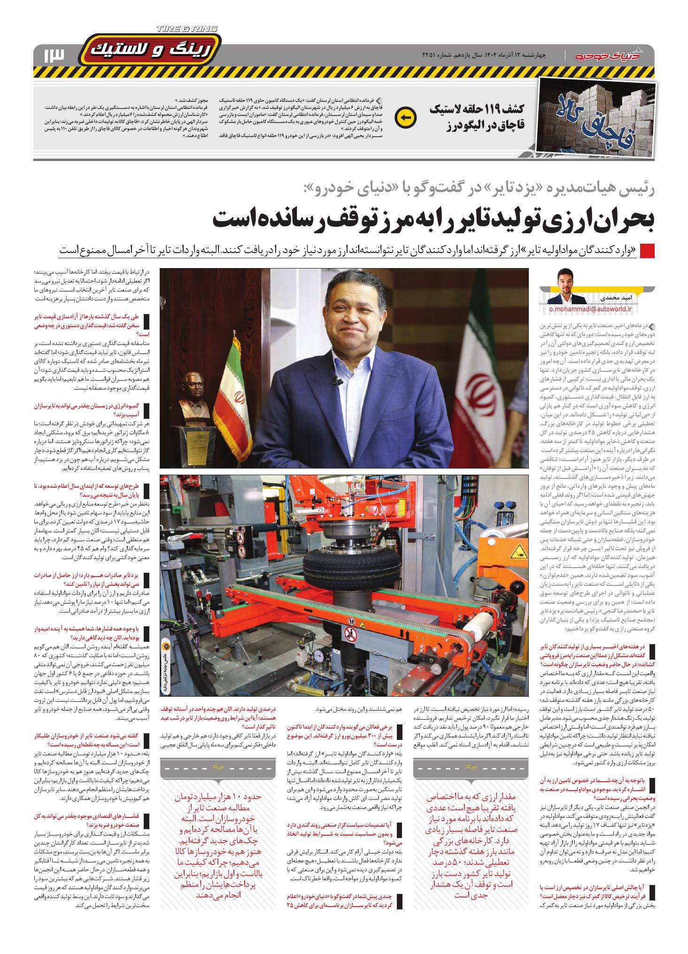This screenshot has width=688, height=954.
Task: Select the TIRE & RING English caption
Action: (187, 29)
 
